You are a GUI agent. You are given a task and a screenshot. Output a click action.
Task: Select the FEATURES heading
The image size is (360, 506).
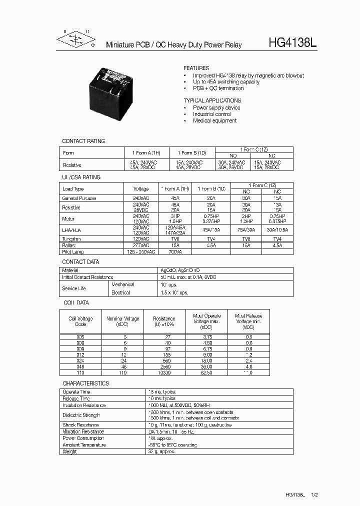(196, 68)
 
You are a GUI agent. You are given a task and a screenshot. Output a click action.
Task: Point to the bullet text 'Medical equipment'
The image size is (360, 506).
(214, 120)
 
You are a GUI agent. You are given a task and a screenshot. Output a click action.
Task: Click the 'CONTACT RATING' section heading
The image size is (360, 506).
(83, 141)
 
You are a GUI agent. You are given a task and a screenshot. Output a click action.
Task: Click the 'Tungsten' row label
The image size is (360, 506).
(72, 239)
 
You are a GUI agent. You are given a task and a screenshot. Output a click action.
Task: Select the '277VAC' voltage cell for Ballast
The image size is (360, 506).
(141, 246)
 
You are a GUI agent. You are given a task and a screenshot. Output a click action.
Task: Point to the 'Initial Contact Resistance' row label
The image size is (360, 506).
(88, 277)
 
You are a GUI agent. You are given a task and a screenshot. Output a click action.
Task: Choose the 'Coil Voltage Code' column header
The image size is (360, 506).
(80, 321)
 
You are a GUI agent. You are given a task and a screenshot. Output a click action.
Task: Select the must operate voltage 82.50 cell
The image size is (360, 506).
(206, 373)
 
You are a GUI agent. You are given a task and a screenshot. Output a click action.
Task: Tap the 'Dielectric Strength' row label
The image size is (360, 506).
(81, 415)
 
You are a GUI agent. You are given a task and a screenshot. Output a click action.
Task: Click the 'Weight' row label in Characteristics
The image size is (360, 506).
(70, 451)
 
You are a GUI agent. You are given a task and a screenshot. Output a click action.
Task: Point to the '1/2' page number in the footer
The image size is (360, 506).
(314, 495)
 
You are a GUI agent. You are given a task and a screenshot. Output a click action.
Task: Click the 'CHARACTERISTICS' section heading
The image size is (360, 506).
(85, 383)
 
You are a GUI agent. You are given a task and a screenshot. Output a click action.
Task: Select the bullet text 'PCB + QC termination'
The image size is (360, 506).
(218, 88)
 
